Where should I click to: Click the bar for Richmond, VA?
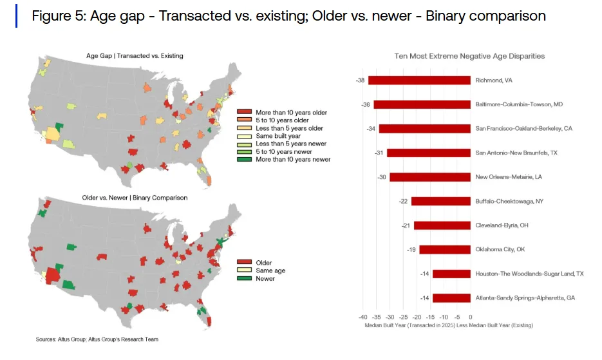419,81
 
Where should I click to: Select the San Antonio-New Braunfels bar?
428,153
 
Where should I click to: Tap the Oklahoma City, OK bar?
445,249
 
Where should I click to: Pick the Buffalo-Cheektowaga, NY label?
509,202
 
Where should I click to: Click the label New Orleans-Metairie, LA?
508,177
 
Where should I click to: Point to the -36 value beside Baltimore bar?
366,104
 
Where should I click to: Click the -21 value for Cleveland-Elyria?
406,225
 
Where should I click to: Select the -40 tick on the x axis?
362,317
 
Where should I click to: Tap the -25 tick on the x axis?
403,317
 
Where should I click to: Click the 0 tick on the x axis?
471,317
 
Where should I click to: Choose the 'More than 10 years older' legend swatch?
244,113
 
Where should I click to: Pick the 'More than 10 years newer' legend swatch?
244,159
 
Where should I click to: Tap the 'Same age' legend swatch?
244,270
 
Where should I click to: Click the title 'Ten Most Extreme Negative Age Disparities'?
469,56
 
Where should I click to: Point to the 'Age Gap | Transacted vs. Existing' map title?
135,56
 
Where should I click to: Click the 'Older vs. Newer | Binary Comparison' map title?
135,198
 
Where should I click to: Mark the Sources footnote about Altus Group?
97,339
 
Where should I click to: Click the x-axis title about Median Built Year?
448,326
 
